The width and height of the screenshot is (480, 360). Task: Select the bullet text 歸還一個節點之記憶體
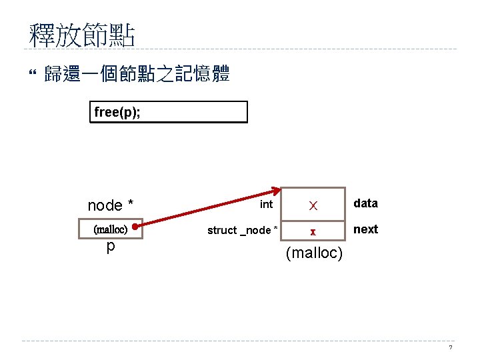click(x=137, y=74)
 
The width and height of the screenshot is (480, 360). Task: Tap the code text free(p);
click(x=117, y=112)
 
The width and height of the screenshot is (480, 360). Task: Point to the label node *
click(x=115, y=205)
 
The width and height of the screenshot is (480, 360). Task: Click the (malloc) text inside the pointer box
click(x=111, y=229)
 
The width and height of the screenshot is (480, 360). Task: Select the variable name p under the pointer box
click(x=111, y=247)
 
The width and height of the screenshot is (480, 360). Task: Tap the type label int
click(x=267, y=204)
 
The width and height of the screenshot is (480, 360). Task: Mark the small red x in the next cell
click(x=311, y=231)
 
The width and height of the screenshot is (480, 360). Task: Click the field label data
click(x=365, y=203)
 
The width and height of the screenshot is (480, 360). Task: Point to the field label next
click(x=365, y=229)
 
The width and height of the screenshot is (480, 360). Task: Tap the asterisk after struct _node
click(x=274, y=229)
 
